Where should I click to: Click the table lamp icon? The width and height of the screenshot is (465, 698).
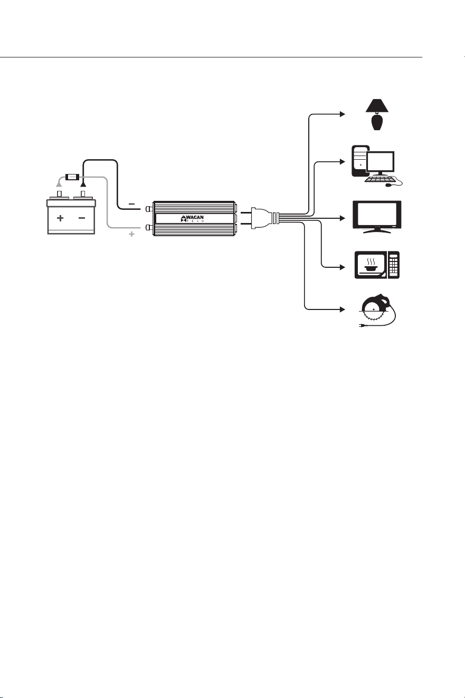pyautogui.click(x=377, y=114)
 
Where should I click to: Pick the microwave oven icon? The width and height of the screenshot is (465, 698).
pyautogui.click(x=377, y=265)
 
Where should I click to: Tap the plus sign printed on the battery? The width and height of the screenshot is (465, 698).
pyautogui.click(x=60, y=218)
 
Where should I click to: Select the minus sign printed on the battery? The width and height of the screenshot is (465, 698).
pyautogui.click(x=82, y=218)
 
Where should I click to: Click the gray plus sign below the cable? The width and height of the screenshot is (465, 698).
pyautogui.click(x=131, y=234)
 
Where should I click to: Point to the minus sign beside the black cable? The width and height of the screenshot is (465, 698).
pyautogui.click(x=132, y=204)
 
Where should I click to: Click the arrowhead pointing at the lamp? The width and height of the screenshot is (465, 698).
pyautogui.click(x=343, y=114)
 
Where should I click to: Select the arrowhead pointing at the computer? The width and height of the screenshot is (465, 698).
pyautogui.click(x=343, y=162)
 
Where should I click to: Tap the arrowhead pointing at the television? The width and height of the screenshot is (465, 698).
pyautogui.click(x=343, y=218)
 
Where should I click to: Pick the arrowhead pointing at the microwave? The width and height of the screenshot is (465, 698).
pyautogui.click(x=343, y=267)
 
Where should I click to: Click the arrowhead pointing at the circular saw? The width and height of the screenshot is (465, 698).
pyautogui.click(x=343, y=309)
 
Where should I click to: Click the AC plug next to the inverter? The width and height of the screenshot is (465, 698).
pyautogui.click(x=259, y=218)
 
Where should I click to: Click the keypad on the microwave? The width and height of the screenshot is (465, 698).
pyautogui.click(x=394, y=265)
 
